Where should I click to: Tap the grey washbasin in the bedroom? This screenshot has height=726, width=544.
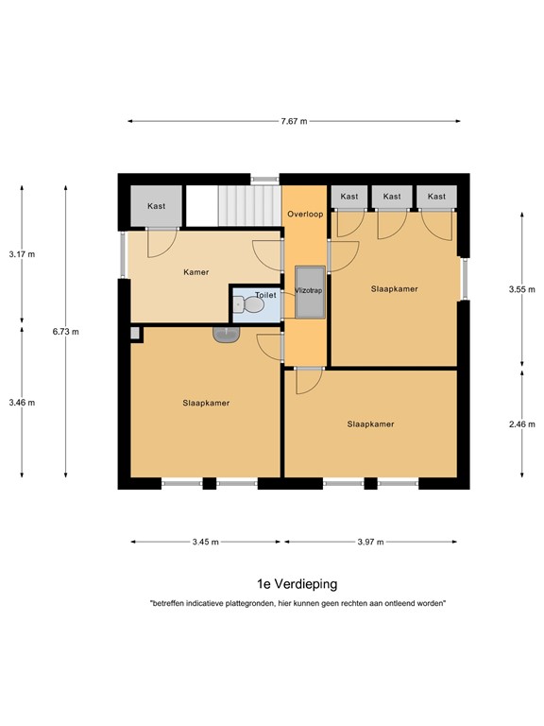click(227, 335)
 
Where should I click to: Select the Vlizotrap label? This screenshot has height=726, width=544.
click(309, 290)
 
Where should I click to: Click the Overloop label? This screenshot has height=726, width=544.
click(305, 214)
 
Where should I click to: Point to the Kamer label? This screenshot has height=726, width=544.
click(196, 272)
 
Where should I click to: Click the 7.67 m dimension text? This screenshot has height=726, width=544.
click(294, 121)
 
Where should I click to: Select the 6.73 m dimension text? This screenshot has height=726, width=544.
click(66, 332)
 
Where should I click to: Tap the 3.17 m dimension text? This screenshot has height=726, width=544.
click(22, 254)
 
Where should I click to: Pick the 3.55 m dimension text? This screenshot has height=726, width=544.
click(521, 289)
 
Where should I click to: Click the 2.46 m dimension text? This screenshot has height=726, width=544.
click(521, 424)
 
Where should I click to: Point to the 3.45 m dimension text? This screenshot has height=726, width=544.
click(205, 542)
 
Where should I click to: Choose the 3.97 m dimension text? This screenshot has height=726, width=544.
click(370, 542)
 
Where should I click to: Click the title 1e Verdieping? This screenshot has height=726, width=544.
click(297, 584)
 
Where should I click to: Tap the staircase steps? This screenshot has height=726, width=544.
click(249, 205)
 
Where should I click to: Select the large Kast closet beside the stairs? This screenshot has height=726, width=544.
click(157, 206)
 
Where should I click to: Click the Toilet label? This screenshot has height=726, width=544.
click(265, 295)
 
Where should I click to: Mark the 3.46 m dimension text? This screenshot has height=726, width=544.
click(22, 403)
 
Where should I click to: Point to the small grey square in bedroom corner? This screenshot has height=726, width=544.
click(135, 334)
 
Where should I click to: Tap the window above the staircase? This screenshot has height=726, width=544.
click(265, 180)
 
